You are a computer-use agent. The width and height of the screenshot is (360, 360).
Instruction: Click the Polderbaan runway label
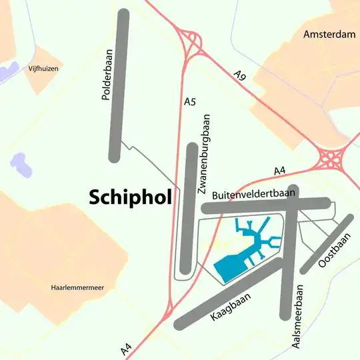tap(105, 75)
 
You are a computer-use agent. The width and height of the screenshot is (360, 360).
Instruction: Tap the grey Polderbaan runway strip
tap(118, 87)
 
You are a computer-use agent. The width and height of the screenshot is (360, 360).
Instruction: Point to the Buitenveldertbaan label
tap(253, 195)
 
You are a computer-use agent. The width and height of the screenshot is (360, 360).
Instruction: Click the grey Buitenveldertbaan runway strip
tap(267, 207)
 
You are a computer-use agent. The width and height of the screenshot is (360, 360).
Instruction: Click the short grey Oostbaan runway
tap(326, 245)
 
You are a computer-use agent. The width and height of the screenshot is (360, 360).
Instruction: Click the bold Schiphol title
tap(130, 196)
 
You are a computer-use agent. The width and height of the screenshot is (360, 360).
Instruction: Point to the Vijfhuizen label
tap(43, 69)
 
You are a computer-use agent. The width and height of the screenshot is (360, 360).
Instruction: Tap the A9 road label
tap(241, 75)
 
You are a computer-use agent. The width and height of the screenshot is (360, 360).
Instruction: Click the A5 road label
tap(189, 102)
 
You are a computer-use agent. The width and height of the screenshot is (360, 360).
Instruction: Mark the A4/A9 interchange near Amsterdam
tap(331, 159)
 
